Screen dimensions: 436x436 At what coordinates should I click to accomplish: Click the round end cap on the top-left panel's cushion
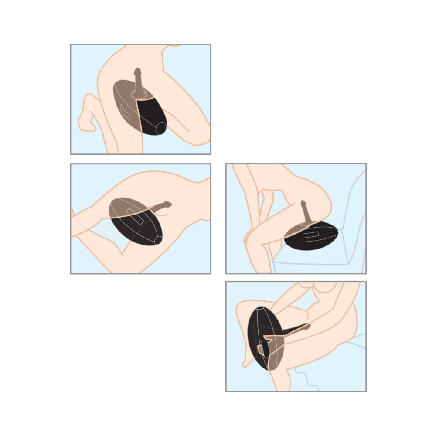coord(160,128)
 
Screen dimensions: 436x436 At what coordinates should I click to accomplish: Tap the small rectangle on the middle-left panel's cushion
coord(133,215)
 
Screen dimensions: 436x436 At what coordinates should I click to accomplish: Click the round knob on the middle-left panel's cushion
coord(157,239)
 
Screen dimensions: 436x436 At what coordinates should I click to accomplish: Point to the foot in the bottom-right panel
coord(249,360)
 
